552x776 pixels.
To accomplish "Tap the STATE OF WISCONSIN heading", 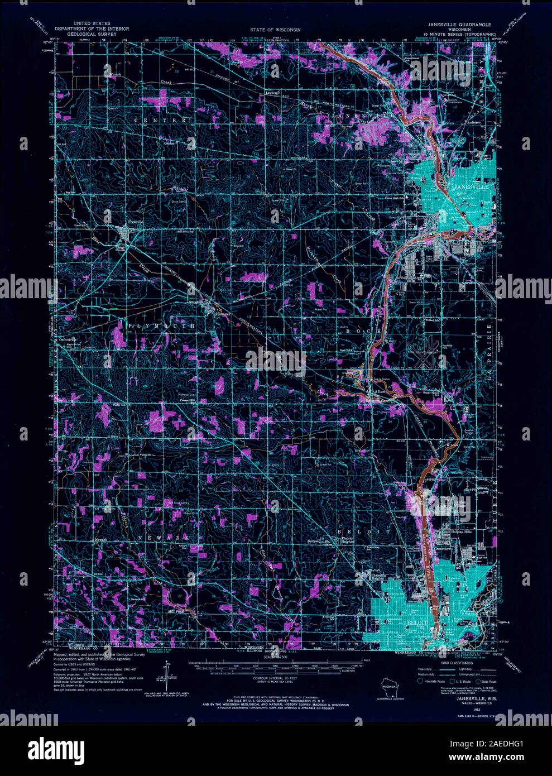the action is pyautogui.click(x=275, y=29).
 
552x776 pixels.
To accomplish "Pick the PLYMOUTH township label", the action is pyautogui.click(x=162, y=325).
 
